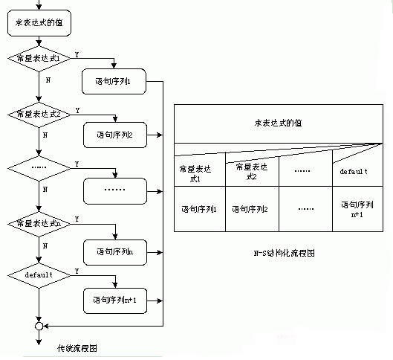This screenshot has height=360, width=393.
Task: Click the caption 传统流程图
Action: [x=77, y=348]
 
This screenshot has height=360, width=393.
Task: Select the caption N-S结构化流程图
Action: [x=283, y=253]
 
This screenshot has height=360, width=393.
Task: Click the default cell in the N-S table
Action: [x=354, y=171]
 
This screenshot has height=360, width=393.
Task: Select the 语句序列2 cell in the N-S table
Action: [x=251, y=210]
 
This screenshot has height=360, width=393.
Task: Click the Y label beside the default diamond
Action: [x=77, y=271]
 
